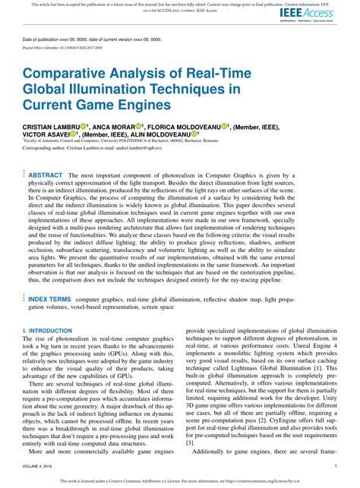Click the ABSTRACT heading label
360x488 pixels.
pyautogui.click(x=45, y=175)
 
